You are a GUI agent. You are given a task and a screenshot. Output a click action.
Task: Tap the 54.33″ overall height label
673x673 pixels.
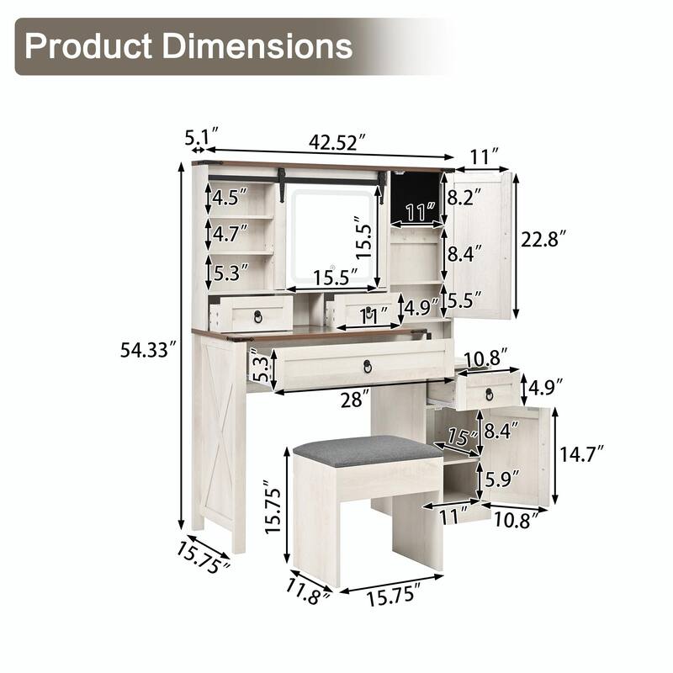149,350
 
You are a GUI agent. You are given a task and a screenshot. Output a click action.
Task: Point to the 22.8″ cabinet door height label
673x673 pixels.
543,239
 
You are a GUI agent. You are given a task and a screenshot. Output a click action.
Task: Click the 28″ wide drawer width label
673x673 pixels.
354,400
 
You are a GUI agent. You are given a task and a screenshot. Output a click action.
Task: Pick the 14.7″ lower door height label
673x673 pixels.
582,453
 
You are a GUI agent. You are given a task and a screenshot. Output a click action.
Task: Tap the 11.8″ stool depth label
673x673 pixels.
308,591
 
